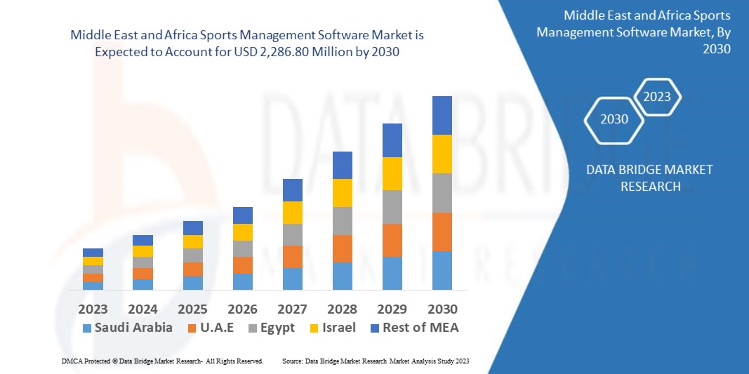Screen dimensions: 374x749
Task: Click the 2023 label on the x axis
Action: coord(93,309)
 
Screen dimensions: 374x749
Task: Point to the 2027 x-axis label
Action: coord(293,309)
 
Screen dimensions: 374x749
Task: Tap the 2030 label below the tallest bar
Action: coord(442,309)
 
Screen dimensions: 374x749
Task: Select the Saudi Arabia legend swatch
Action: coord(87,328)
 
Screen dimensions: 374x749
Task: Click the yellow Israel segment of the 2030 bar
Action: coord(442,154)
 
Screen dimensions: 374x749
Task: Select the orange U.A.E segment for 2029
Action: coord(392,240)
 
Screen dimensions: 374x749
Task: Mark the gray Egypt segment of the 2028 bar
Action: coord(343,220)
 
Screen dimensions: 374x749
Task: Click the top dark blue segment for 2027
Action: coord(293,190)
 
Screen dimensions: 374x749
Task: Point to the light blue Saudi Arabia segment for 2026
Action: coord(243,281)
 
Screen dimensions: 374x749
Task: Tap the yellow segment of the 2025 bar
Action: coord(193,241)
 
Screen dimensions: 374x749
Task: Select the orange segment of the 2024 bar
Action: coord(142,274)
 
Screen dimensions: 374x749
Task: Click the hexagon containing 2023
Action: coord(657,98)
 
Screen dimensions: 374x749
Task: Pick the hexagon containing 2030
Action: coord(614,119)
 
